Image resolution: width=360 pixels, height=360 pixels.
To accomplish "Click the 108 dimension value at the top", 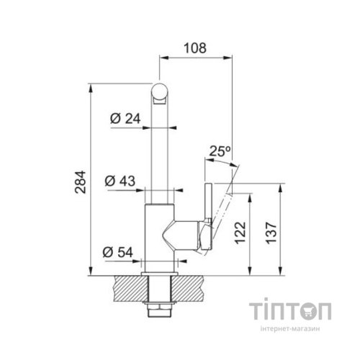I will (195, 48).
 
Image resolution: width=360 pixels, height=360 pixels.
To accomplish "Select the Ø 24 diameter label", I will (124, 119).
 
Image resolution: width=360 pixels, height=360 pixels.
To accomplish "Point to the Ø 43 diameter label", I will (120, 179).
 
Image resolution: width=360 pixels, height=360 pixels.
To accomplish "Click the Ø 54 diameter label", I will (119, 251).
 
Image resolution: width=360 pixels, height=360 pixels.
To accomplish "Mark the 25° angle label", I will (220, 151).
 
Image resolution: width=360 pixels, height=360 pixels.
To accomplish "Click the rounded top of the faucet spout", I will (160, 91).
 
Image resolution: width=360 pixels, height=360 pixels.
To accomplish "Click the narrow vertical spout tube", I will (160, 151).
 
